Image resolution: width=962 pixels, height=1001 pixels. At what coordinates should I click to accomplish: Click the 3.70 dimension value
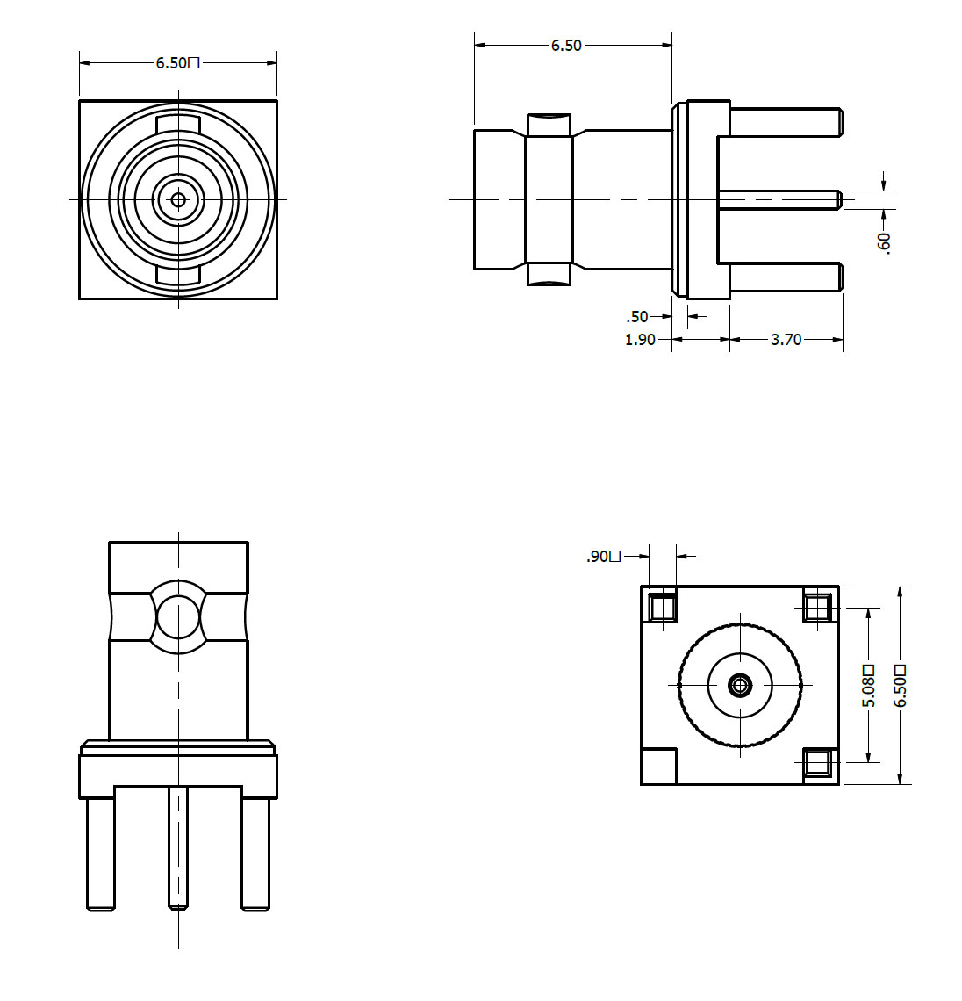coord(786,340)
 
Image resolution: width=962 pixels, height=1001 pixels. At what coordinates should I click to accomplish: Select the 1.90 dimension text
coord(640,340)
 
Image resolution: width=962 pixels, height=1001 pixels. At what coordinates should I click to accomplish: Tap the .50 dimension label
coord(637,317)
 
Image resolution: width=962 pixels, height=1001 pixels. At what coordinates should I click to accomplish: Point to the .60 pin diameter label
coord(884,243)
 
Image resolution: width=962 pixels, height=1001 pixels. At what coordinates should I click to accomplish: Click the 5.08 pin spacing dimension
coord(868,687)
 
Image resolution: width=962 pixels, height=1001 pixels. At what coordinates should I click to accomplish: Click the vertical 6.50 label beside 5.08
coord(900,687)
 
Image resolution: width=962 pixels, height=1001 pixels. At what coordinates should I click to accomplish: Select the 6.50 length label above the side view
coord(566,46)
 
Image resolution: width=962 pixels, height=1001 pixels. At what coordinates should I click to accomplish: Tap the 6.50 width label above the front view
coord(178,63)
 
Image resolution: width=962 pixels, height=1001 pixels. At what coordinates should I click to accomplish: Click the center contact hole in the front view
coord(179,200)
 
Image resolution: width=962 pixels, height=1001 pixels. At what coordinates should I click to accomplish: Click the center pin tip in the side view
coord(840,200)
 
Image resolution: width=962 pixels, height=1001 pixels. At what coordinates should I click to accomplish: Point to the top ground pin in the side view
coord(786,122)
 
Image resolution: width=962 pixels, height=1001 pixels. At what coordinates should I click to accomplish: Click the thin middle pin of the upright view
coord(179,848)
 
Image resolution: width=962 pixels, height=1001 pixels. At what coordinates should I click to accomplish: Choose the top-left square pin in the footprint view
coord(663,607)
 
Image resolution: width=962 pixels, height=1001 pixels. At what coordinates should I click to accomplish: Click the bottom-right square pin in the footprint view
coord(818,763)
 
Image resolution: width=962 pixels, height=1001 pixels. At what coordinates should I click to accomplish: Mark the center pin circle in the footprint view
coord(741,686)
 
